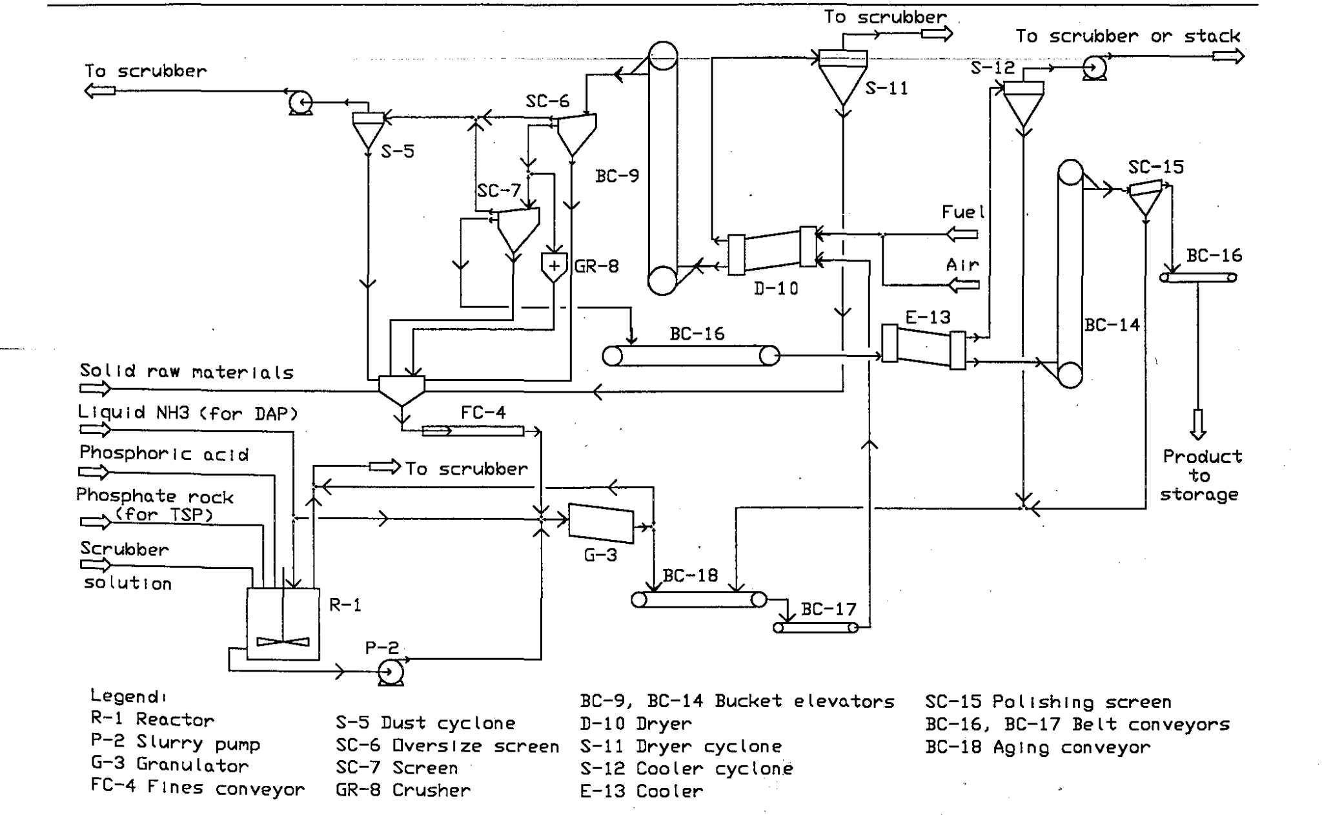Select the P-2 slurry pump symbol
(391, 673)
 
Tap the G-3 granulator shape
(601, 522)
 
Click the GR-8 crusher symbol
(553, 267)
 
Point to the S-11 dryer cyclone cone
(842, 85)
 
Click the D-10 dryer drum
(772, 251)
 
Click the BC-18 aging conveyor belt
(699, 600)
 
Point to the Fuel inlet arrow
(962, 234)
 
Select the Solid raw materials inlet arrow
(95, 389)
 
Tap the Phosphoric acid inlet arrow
(94, 473)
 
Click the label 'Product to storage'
(1200, 475)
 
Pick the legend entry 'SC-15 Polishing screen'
(1048, 702)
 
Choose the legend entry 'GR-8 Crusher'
(403, 790)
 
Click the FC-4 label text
(483, 413)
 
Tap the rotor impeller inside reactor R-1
(283, 641)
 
